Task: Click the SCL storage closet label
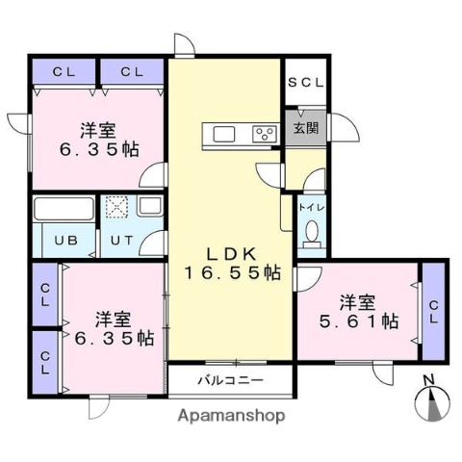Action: [307, 83]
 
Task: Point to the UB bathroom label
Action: [65, 241]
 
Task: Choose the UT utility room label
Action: [120, 241]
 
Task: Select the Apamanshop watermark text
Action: [230, 416]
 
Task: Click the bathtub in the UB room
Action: [64, 209]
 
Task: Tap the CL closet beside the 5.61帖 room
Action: [433, 310]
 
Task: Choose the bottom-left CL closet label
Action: [45, 361]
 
